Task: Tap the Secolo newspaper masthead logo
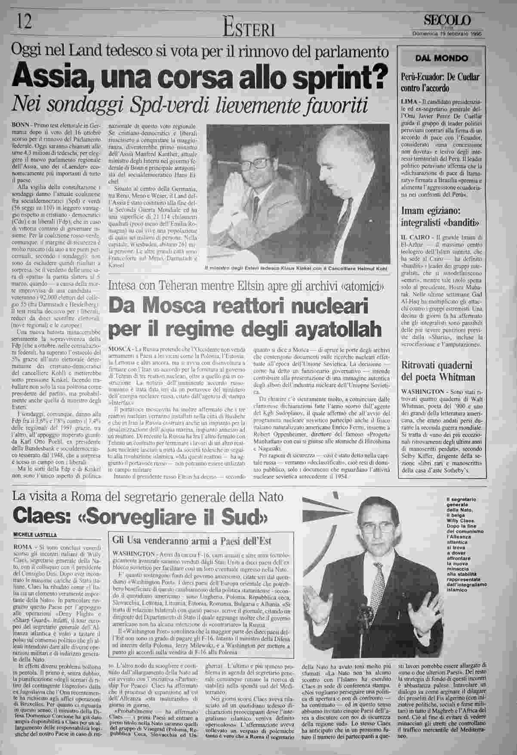pos(447,21)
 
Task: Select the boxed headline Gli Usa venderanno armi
pos(191,541)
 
